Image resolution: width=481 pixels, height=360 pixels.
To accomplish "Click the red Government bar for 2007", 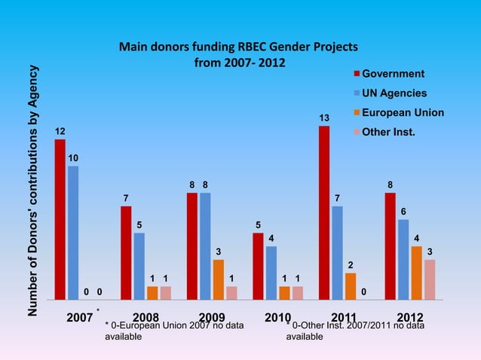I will click(60, 219).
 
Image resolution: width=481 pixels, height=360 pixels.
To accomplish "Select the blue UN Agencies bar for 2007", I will click(73, 233).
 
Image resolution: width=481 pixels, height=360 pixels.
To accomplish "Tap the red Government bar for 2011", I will click(324, 212).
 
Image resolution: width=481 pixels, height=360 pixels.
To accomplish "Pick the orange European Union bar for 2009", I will click(219, 279).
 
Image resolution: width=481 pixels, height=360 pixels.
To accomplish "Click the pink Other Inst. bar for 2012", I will click(430, 279).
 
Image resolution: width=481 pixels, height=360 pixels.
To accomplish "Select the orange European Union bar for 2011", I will click(351, 286).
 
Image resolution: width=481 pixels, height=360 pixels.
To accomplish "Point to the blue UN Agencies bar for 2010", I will click(271, 273).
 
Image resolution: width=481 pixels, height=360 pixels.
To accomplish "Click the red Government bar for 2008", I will click(126, 252).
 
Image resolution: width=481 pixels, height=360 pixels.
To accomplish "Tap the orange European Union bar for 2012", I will click(417, 273).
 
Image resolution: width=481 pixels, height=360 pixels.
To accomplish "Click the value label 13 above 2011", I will click(324, 118).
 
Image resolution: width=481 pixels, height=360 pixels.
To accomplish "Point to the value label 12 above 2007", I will click(60, 131).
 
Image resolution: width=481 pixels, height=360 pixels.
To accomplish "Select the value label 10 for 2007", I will click(73, 158).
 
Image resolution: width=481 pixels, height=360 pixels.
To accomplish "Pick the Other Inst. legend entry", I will click(389, 133).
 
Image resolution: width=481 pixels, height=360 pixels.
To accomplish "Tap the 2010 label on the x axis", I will click(278, 317).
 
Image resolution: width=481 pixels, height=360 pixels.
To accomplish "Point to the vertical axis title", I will click(33, 190).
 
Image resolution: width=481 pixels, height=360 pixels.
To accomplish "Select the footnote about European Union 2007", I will click(173, 331).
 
